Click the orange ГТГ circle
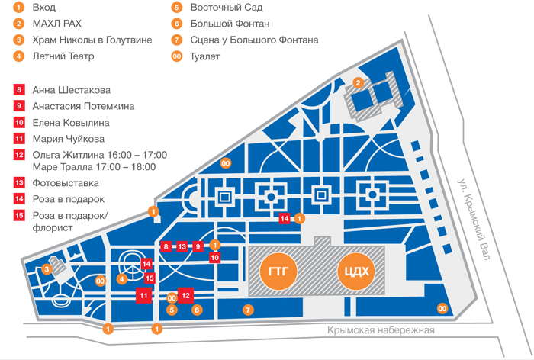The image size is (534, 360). [x=278, y=272]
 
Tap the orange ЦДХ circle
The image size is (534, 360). [x=356, y=272]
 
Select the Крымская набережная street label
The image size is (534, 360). [x=381, y=330]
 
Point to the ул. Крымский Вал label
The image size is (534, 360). [x=474, y=219]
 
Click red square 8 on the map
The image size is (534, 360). [x=166, y=246]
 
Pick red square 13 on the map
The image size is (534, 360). [x=182, y=246]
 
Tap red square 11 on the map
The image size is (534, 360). [x=143, y=295]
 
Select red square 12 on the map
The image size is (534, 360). [x=185, y=295]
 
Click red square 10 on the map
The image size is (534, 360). [x=214, y=258]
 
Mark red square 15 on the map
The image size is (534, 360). [x=150, y=278]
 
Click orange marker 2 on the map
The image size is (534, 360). [x=358, y=82]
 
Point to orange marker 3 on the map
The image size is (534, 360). [x=47, y=270]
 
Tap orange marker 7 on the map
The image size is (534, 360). [x=248, y=310]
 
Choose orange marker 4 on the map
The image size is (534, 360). [x=121, y=279]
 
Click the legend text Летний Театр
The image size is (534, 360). [x=63, y=56]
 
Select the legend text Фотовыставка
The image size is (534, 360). [x=66, y=183]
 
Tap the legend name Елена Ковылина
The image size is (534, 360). [x=71, y=123]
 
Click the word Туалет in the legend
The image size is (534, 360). [x=204, y=56]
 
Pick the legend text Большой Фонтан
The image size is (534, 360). [x=230, y=24]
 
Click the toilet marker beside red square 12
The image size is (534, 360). [x=172, y=298]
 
